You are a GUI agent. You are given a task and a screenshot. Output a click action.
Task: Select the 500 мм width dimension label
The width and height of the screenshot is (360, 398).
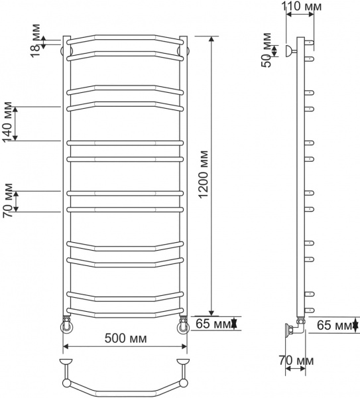tap(125, 338)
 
